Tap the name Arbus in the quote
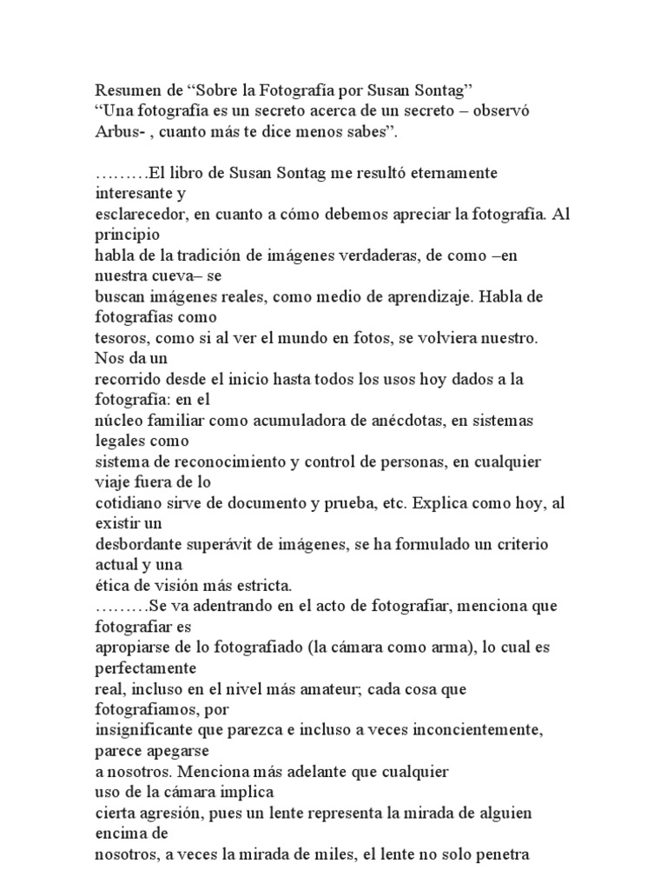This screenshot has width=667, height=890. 115,132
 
